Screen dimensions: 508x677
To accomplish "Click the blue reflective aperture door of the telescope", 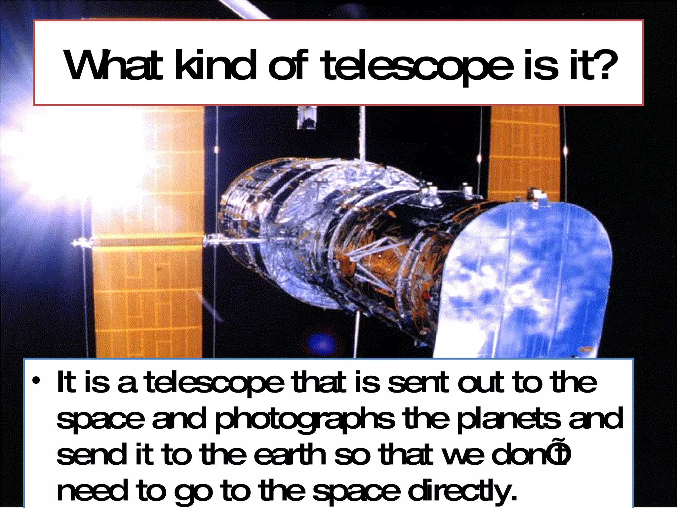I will point(526,281).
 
